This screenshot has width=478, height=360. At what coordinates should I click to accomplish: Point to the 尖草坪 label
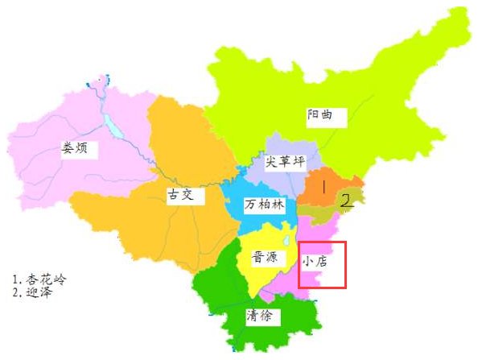pyautogui.click(x=286, y=162)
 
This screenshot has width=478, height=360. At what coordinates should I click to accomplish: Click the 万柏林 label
pyautogui.click(x=265, y=205)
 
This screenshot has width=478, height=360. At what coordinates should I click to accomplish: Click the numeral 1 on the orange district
pyautogui.click(x=323, y=187)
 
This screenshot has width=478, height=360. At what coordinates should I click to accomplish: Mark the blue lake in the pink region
pyautogui.click(x=109, y=126)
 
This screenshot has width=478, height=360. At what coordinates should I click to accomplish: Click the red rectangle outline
pyautogui.click(x=322, y=242)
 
